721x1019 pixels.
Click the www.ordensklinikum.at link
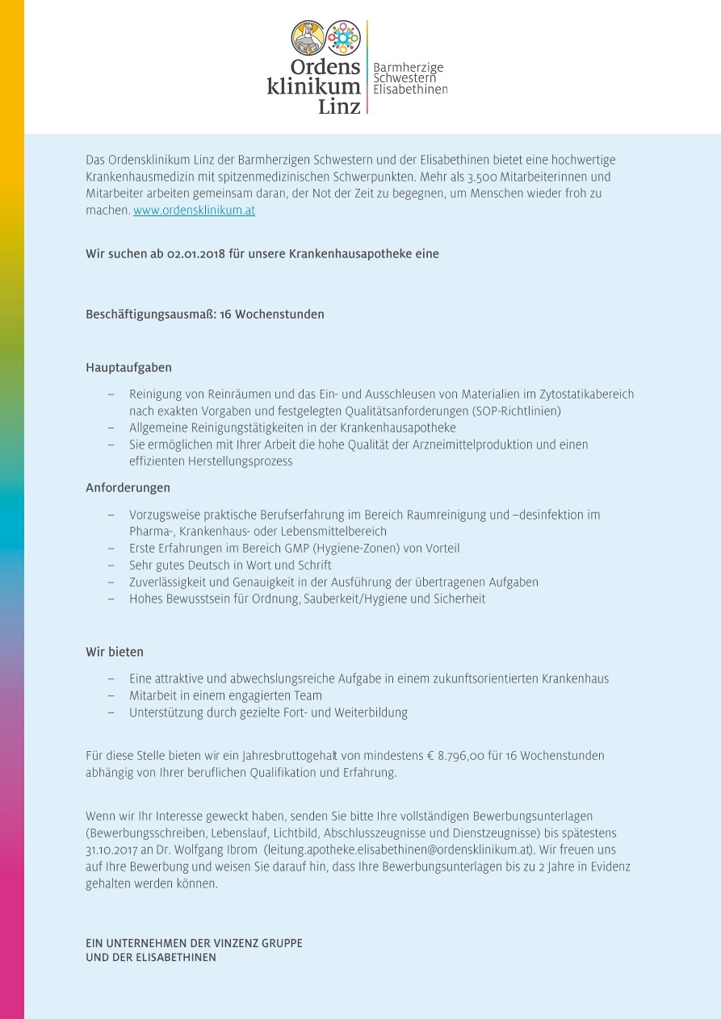point(194,211)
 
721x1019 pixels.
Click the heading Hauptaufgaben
point(128,368)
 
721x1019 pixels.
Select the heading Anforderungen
point(128,488)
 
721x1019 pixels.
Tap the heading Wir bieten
point(114,652)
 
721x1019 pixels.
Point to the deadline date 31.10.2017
point(113,850)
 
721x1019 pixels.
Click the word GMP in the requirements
point(288,549)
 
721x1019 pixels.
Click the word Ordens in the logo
point(325,68)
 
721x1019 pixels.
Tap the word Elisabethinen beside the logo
point(410,90)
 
